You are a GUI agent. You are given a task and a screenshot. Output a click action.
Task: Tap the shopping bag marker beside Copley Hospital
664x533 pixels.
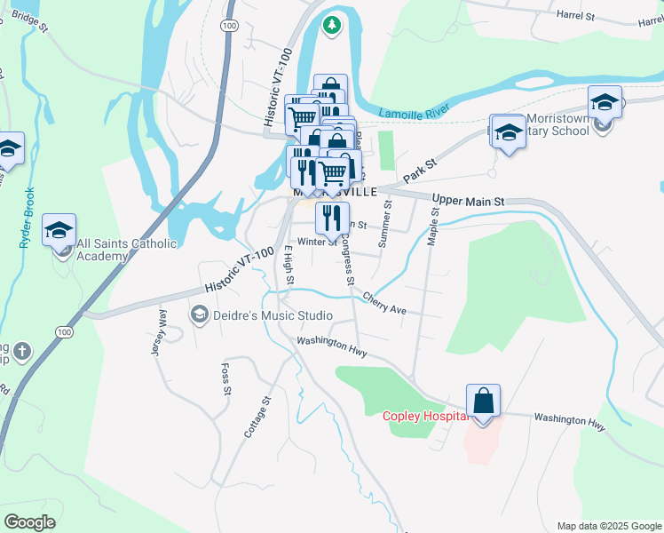click(x=483, y=402)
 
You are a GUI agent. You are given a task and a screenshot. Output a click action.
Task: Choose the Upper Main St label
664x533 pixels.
click(x=468, y=202)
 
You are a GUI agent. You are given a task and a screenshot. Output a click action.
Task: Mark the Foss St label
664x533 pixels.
click(x=226, y=378)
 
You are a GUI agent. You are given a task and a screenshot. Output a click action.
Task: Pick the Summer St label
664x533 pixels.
click(x=385, y=223)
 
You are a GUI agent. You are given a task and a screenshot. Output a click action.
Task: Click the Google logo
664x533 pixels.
click(x=29, y=521)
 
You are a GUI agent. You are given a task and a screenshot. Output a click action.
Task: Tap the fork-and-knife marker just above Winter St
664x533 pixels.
click(x=331, y=216)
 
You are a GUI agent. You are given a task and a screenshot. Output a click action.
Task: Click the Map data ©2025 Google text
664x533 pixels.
click(x=608, y=526)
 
